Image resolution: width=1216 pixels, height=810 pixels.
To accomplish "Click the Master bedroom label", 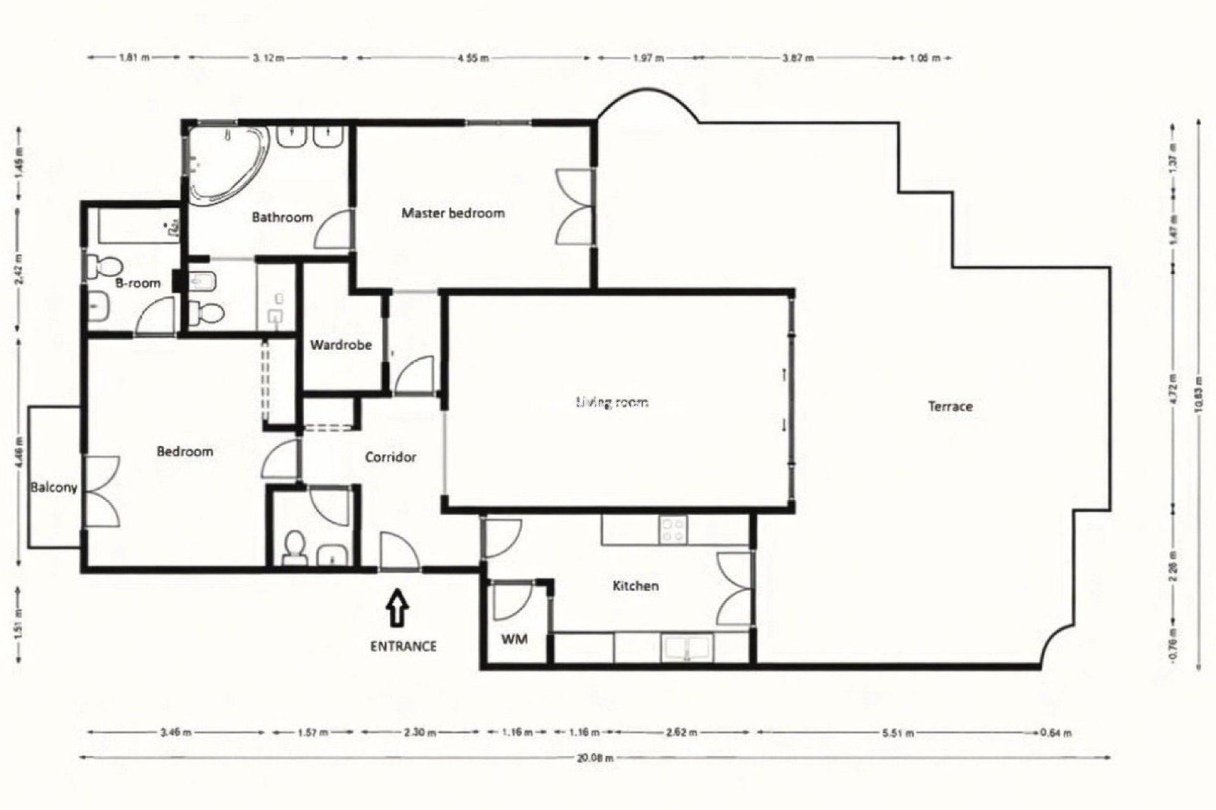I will tap(453, 213).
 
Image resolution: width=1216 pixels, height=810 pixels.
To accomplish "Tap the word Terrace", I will tap(950, 406).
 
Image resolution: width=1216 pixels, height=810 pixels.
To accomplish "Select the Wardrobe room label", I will tap(341, 346).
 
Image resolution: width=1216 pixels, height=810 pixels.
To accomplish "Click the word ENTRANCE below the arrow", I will tap(403, 646).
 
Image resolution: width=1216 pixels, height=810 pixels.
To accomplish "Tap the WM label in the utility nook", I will tap(514, 639).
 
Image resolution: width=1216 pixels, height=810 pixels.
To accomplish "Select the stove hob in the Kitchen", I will tap(673, 530).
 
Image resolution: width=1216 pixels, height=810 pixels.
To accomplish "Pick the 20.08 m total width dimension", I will tap(595, 757).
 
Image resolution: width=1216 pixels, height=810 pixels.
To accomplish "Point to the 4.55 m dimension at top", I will tap(473, 58).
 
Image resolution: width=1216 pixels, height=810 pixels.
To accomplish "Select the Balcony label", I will tap(54, 487).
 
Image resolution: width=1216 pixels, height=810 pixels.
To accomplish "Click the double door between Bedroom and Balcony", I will tap(101, 491).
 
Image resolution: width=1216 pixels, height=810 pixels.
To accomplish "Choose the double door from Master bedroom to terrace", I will tap(575, 206).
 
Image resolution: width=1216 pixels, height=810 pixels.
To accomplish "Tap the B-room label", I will tap(137, 283).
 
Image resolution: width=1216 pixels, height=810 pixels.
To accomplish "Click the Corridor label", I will tap(390, 457).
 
